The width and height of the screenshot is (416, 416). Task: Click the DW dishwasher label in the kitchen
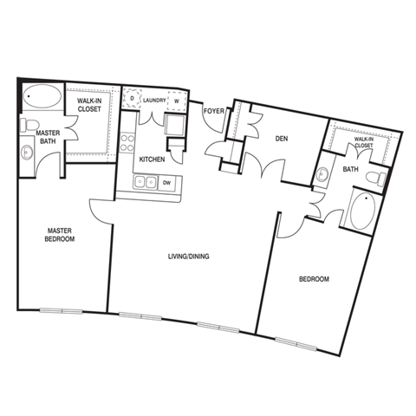click(166, 183)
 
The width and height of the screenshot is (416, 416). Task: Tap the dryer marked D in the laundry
click(132, 98)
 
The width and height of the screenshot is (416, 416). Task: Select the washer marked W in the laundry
click(176, 101)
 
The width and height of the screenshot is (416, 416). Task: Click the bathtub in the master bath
click(42, 96)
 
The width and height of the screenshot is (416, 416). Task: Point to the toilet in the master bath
click(29, 126)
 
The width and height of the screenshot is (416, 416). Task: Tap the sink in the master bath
click(27, 152)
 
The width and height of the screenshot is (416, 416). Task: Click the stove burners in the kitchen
click(127, 143)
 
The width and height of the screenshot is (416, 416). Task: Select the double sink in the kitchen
click(146, 182)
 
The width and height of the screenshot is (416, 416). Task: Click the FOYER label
click(214, 111)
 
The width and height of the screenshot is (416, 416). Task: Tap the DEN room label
click(282, 139)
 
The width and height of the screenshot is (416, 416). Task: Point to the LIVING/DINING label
click(189, 257)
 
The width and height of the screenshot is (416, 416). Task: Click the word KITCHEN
click(152, 159)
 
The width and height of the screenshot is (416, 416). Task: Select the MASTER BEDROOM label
click(60, 235)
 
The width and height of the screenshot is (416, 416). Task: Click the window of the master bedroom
click(61, 311)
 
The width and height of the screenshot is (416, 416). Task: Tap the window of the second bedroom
click(296, 344)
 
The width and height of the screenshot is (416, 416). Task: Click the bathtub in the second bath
click(363, 211)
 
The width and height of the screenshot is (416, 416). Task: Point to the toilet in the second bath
click(376, 179)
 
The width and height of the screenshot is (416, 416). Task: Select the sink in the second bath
click(321, 174)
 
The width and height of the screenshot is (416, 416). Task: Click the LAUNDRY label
click(154, 101)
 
